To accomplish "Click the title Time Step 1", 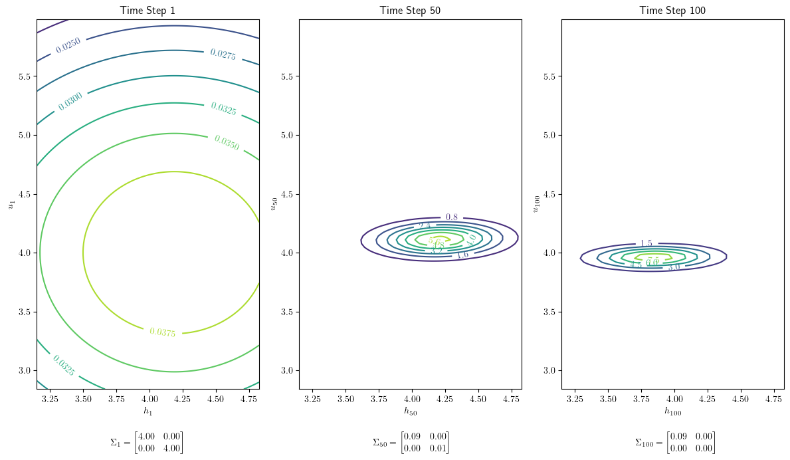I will pyautogui.click(x=148, y=10).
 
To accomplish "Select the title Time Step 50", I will pyautogui.click(x=410, y=10).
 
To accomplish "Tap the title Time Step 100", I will pyautogui.click(x=672, y=10).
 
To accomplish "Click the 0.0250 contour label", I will pyautogui.click(x=68, y=45).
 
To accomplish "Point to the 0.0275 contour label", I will pyautogui.click(x=223, y=54).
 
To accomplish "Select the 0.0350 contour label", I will pyautogui.click(x=227, y=142).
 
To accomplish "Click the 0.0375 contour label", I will pyautogui.click(x=163, y=332).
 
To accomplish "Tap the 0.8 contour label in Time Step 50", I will pyautogui.click(x=452, y=217).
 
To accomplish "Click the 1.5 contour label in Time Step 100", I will pyautogui.click(x=646, y=244).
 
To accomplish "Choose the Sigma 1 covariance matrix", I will pyautogui.click(x=147, y=443).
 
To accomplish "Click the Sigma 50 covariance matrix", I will pyautogui.click(x=410, y=443).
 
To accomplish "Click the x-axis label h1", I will pyautogui.click(x=148, y=411).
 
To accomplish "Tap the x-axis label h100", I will pyautogui.click(x=672, y=411).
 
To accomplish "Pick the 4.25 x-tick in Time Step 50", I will pyautogui.click(x=445, y=399).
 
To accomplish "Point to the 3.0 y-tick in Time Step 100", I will pyautogui.click(x=551, y=370).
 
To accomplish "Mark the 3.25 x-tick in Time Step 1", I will pyautogui.click(x=50, y=399).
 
